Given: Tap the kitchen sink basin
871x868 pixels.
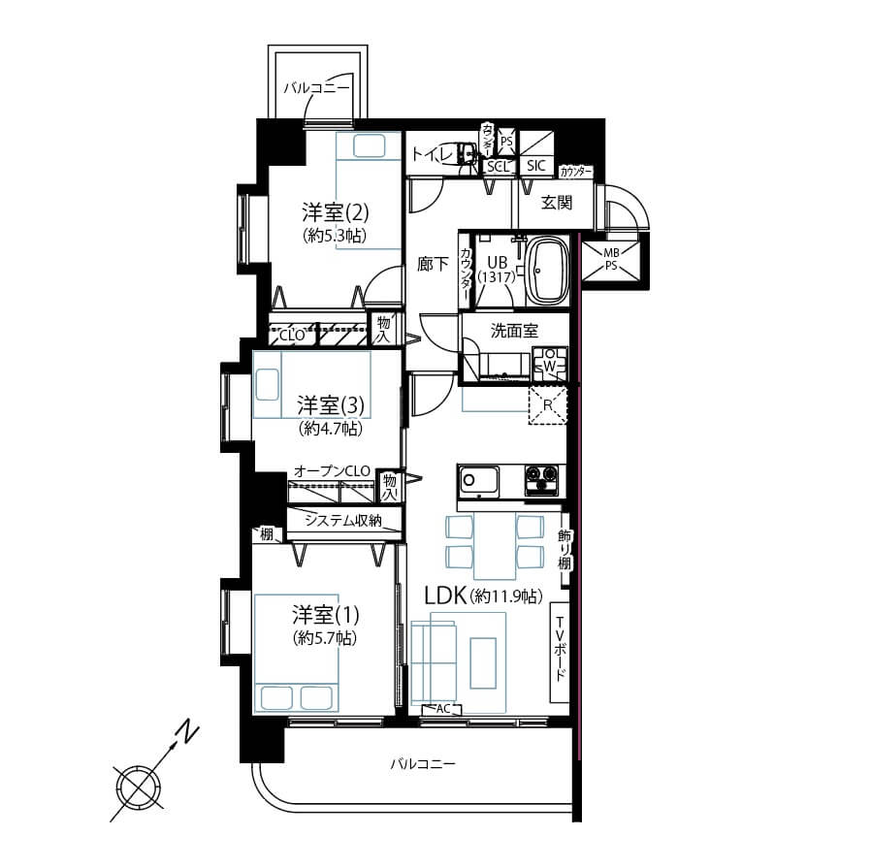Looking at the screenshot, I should point(477,480).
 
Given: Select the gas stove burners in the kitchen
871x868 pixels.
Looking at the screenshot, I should point(541,478).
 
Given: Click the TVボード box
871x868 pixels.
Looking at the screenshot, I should point(560,653).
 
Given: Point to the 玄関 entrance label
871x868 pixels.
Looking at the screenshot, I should point(556,203).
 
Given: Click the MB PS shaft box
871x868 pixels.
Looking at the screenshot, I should point(610,259).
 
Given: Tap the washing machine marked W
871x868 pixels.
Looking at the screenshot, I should point(549,365).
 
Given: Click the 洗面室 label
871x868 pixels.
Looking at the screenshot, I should point(513,330).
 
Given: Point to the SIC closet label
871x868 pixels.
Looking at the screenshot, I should point(536,166).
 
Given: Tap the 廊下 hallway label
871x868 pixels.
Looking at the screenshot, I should point(433,263).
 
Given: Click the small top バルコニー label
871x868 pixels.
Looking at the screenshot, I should point(317,87).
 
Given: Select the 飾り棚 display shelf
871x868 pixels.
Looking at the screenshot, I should point(564,550).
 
